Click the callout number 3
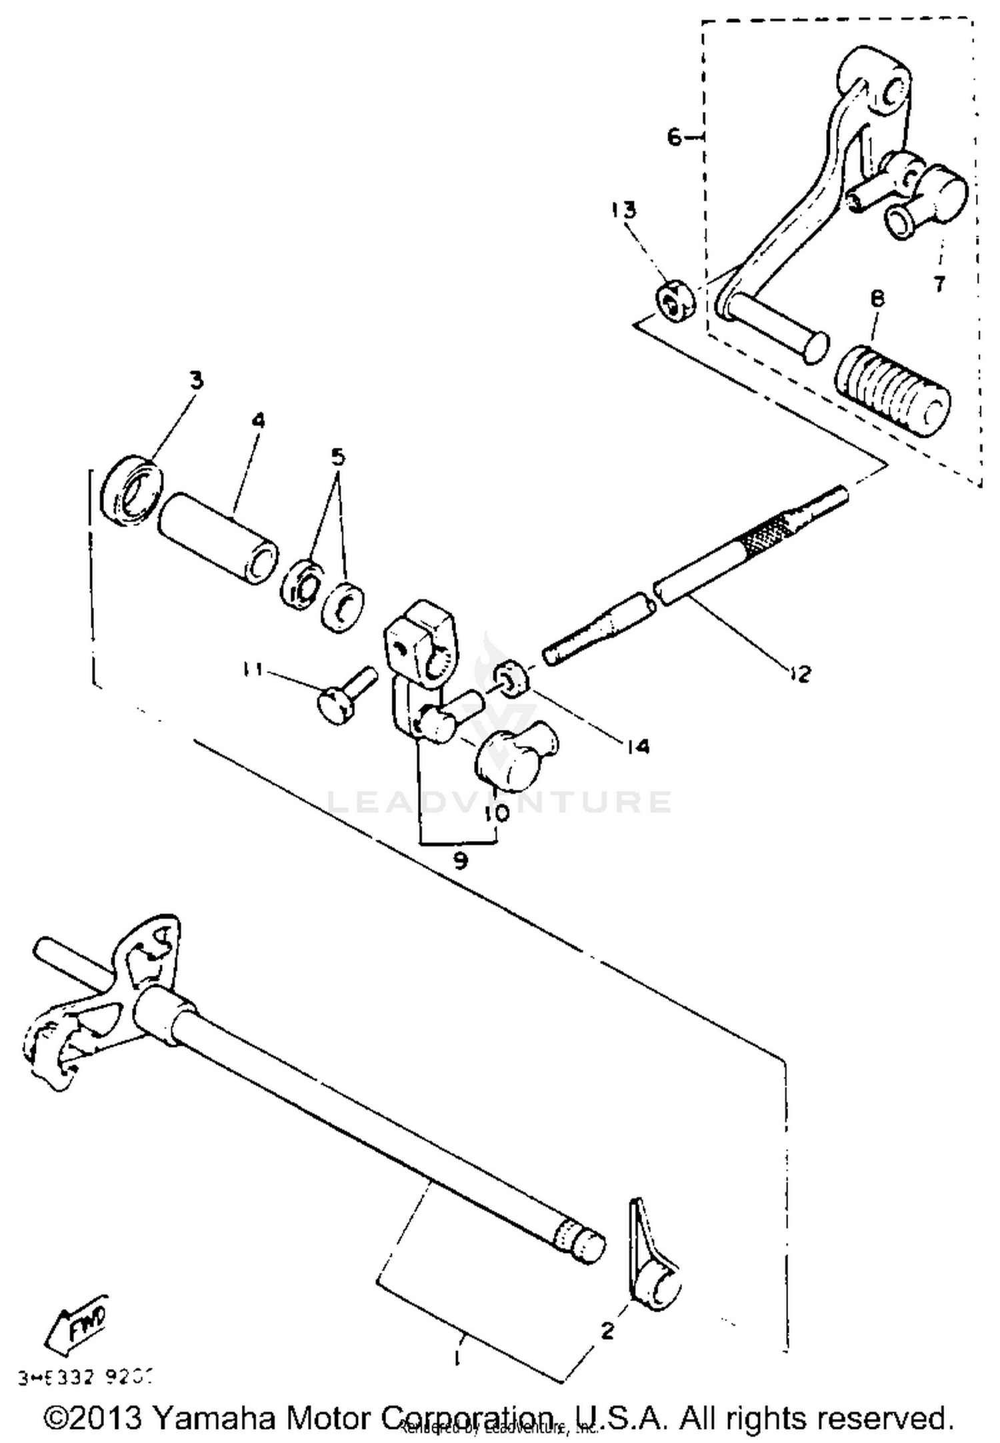(x=195, y=381)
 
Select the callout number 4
(x=258, y=421)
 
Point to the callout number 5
(x=338, y=457)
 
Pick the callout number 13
(x=625, y=210)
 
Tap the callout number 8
(x=877, y=299)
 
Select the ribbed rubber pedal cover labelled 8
(x=893, y=391)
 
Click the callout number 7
(x=939, y=284)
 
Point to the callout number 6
(x=675, y=137)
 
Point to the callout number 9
(x=460, y=860)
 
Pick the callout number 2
(x=607, y=1331)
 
